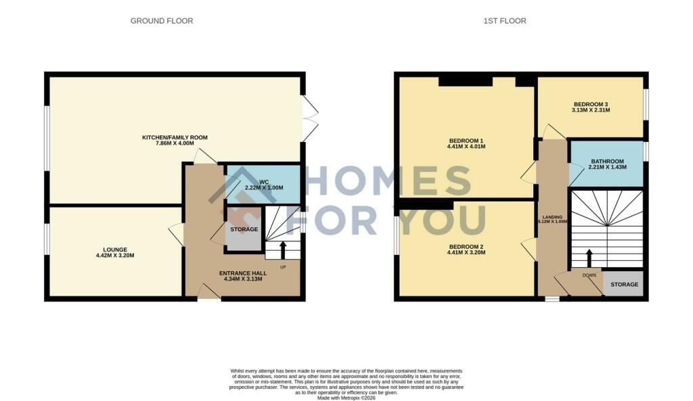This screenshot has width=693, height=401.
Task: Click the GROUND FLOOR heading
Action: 162,21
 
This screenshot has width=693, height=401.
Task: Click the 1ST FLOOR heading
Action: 505,21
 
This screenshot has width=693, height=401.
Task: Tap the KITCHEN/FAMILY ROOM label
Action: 175,137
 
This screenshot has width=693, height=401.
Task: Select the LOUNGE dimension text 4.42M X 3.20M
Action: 115,255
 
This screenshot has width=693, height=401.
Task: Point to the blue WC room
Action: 263,185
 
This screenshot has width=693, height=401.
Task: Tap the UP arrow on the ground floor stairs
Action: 283,250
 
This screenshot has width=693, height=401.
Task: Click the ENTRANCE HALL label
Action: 243,273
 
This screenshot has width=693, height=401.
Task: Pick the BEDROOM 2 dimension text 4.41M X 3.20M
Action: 466,253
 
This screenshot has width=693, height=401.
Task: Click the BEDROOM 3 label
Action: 590,104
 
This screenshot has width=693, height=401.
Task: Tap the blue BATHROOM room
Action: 606,164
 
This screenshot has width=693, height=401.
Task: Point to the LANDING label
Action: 552,217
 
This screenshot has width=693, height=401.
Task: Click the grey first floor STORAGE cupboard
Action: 624,284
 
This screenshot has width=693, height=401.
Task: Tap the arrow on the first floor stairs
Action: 589,258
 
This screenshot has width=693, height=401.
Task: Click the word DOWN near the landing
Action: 589,275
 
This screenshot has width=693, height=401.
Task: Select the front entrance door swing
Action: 209,291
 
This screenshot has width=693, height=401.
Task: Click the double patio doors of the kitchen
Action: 310,118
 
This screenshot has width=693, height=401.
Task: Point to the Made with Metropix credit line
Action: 346,398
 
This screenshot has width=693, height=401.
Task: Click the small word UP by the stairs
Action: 282,267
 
